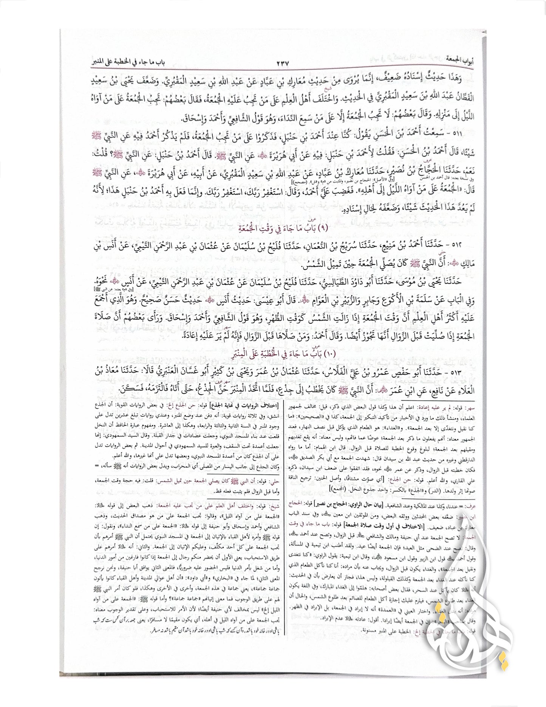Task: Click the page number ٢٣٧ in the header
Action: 280,63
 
